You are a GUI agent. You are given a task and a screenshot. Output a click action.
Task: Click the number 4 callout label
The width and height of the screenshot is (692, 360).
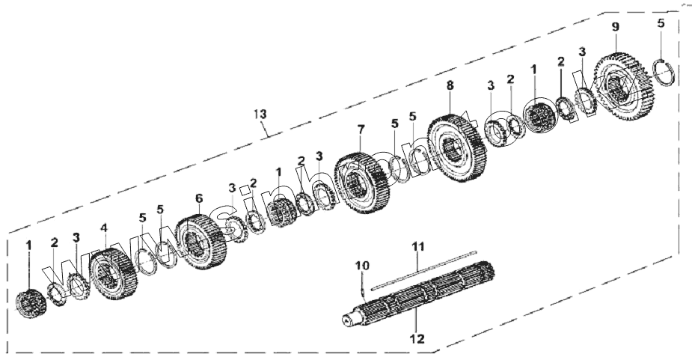[x=105, y=227]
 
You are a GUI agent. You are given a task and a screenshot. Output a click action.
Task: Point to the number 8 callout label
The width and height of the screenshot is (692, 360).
[x=450, y=86]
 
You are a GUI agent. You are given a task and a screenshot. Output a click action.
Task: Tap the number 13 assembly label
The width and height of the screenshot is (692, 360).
[x=259, y=115]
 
